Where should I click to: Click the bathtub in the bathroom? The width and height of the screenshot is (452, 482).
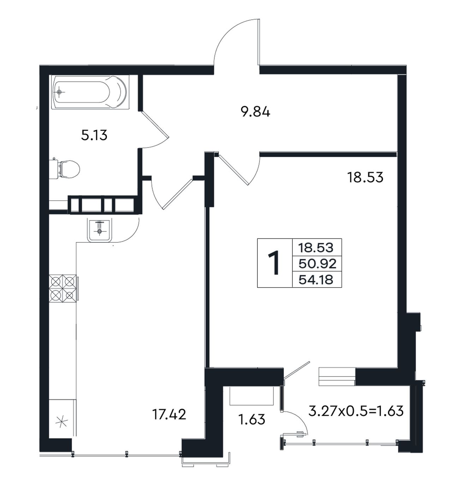tap(89, 92)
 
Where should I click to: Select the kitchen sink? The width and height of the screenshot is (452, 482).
tap(99, 230)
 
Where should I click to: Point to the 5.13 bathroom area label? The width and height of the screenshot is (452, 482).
tap(94, 135)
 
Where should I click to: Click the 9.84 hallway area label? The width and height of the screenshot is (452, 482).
tap(255, 112)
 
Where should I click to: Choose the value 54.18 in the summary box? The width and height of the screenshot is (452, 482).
tap(316, 280)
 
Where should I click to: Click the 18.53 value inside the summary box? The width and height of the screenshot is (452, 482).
tap(316, 248)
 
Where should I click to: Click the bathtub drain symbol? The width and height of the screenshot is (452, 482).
tap(59, 92)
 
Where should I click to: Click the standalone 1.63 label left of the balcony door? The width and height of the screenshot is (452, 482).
tap(252, 420)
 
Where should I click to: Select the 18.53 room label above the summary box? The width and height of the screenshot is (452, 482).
tap(365, 177)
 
